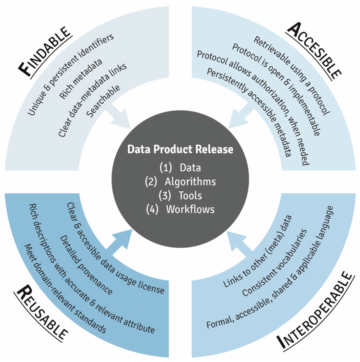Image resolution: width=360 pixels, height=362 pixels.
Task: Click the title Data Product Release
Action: pyautogui.click(x=180, y=150)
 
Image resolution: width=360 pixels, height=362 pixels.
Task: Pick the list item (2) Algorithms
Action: pyautogui.click(x=180, y=181)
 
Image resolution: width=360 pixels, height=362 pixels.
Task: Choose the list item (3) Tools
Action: pyautogui.click(x=180, y=195)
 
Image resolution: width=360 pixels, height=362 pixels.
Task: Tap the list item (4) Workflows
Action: pyautogui.click(x=180, y=209)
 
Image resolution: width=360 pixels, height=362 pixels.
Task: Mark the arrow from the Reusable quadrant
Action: pyautogui.click(x=120, y=242)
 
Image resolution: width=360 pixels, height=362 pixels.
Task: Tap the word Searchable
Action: pyautogui.click(x=103, y=100)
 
